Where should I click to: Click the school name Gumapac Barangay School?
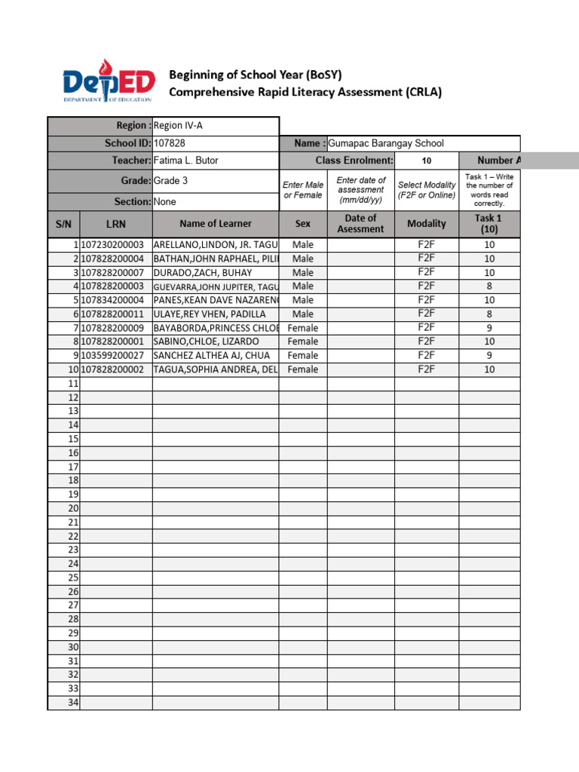[x=386, y=143]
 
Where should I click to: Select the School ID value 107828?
[x=170, y=143]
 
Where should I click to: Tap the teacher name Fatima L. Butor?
[x=185, y=161]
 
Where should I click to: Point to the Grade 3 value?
[x=171, y=181]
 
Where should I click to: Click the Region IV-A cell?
[x=178, y=126]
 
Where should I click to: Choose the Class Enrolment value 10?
[x=427, y=161]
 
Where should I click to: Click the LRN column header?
[x=116, y=224]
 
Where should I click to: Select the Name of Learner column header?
[x=216, y=224]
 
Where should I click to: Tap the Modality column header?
[x=427, y=224]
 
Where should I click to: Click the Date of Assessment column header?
[x=360, y=224]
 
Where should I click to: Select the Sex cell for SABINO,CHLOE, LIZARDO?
[x=303, y=342]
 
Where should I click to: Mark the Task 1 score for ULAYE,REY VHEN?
[x=489, y=314]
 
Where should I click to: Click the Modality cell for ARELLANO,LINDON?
[x=427, y=245]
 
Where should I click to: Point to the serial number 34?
[x=73, y=703]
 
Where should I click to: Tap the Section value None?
[x=165, y=202]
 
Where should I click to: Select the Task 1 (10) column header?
[x=489, y=224]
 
